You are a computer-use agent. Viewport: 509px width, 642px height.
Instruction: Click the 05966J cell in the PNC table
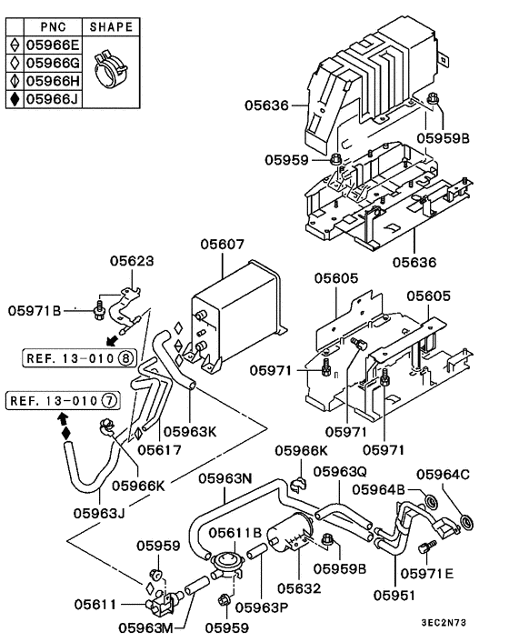point(54,99)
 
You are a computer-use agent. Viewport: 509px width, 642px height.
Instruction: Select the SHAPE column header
point(111,27)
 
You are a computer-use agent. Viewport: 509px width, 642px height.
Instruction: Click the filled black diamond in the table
point(15,99)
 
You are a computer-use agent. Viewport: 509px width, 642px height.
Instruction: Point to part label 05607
point(222,245)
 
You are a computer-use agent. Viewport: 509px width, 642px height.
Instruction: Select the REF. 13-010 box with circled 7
point(63,400)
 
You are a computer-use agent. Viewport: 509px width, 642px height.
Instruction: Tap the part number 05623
point(132,261)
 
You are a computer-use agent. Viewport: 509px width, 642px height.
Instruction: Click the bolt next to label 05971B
point(98,311)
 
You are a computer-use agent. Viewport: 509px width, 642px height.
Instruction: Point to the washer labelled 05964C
point(466,522)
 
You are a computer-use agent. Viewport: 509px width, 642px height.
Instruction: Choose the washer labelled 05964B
point(431,501)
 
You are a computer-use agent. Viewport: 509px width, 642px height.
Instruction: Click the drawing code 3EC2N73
point(444,623)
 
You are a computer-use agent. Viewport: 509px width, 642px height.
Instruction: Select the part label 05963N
point(225,478)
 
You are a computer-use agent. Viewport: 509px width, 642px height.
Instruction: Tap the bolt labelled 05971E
point(427,546)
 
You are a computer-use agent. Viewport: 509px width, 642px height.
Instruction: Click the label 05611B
point(235,533)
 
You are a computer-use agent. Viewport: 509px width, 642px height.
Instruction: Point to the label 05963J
point(99,513)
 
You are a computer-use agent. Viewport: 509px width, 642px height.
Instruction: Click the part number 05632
point(299,588)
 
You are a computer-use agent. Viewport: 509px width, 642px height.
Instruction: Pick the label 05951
point(394,595)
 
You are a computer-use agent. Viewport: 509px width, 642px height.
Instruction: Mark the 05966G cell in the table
point(54,63)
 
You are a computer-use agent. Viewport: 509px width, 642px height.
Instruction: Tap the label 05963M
point(146,627)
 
